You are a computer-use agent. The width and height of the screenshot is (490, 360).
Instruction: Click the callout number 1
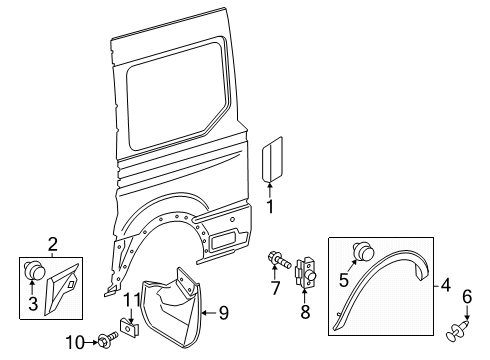point(270,206)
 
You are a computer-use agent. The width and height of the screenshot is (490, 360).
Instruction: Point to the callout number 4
point(446,285)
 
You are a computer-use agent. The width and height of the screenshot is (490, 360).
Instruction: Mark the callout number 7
point(275,290)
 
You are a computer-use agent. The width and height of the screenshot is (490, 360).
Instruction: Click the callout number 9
point(223,313)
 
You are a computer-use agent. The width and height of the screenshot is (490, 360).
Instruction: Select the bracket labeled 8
point(308,275)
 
